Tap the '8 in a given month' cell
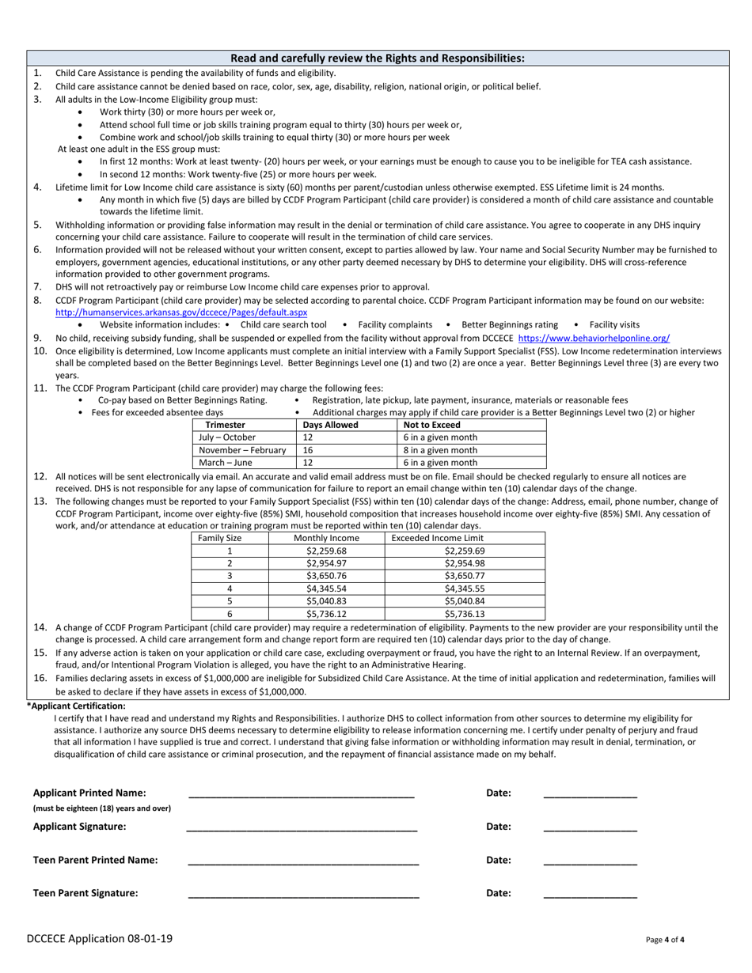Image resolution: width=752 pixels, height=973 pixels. click(440, 450)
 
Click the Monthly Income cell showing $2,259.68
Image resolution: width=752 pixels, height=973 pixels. click(326, 551)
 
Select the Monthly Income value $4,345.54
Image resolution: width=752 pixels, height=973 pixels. click(326, 589)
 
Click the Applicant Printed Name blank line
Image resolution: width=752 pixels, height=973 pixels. click(301, 795)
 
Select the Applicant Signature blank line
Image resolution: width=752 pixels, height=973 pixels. click(301, 828)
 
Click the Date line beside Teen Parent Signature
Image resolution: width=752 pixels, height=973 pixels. click(590, 895)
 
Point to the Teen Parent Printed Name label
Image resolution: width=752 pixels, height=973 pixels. click(95, 860)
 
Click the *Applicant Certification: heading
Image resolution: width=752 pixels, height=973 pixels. click(76, 706)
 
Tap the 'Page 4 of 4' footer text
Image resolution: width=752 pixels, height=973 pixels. click(665, 941)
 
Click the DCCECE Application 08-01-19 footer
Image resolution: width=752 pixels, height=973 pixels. click(99, 939)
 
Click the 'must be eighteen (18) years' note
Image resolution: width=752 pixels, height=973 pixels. click(101, 808)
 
